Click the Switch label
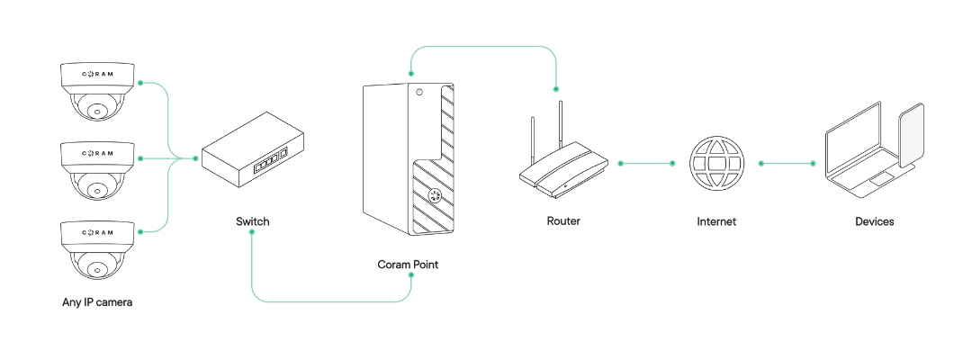252,221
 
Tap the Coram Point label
408,265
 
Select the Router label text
563,221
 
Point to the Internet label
716,221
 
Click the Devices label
874,221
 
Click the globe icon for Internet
716,164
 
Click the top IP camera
97,90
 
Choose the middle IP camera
97,169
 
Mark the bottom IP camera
97,248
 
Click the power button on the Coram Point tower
418,92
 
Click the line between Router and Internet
646,164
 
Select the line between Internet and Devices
787,164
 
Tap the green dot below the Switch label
252,233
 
